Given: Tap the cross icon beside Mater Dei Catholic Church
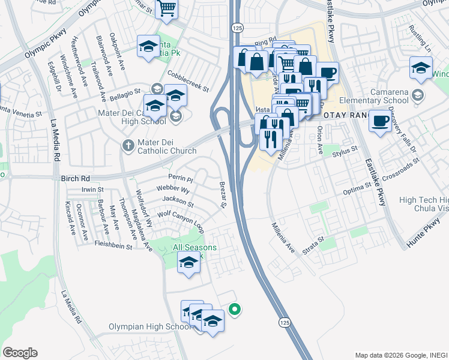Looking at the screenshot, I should click(127, 146).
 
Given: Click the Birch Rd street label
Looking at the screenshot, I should click(75, 178).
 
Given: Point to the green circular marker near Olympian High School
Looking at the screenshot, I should click(235, 310).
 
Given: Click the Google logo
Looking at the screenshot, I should click(20, 353).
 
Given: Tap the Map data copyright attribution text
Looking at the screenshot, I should click(400, 355).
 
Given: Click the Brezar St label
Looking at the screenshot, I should click(221, 195).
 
